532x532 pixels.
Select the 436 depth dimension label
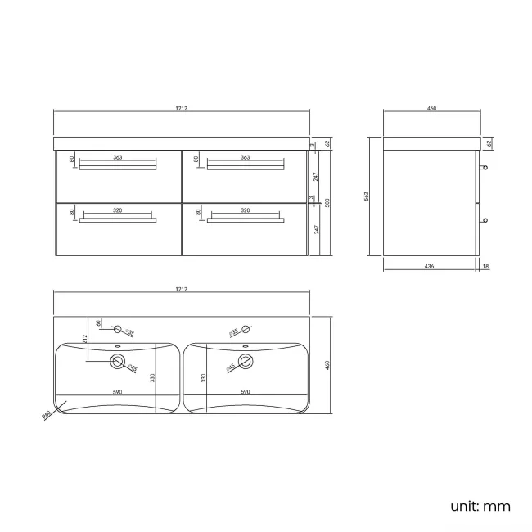pyautogui.click(x=430, y=266)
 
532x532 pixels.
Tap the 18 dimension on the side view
pyautogui.click(x=486, y=266)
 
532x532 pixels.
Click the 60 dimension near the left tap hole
pyautogui.click(x=98, y=323)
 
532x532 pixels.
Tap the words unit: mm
pyautogui.click(x=480, y=506)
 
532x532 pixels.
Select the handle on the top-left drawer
pyautogui.click(x=118, y=166)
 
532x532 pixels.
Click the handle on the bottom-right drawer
pyautogui.click(x=245, y=219)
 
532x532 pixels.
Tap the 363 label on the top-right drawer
pyautogui.click(x=245, y=157)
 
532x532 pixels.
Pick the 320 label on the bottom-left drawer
pyautogui.click(x=118, y=210)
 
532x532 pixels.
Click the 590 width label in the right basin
pyautogui.click(x=245, y=393)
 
